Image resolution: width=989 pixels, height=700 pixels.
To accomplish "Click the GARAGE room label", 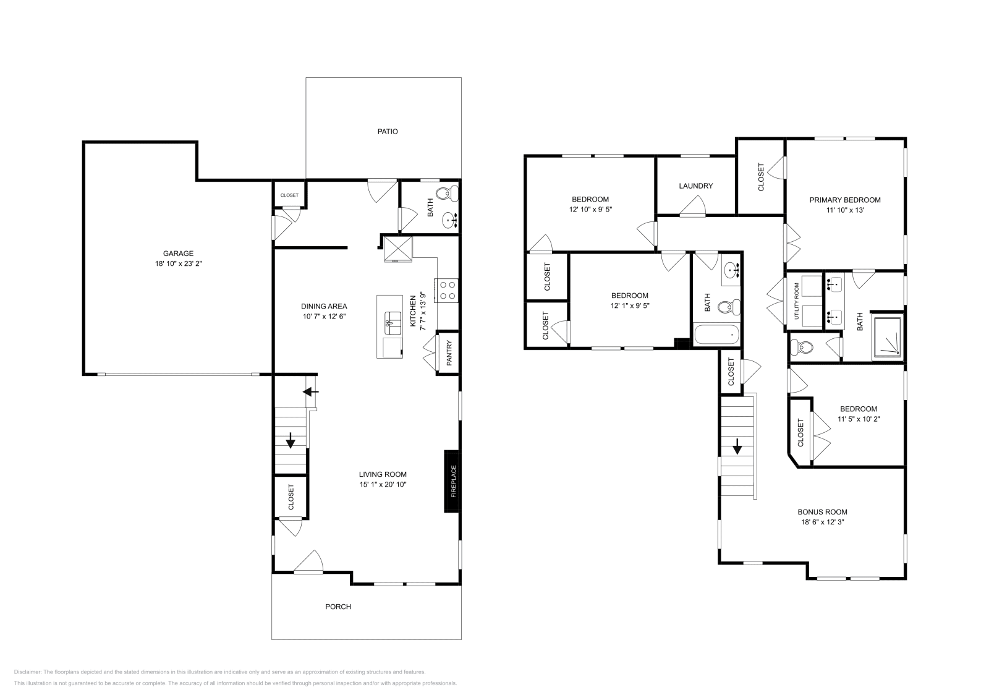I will click(x=178, y=254).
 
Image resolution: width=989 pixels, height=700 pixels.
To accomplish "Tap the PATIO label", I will click(x=388, y=132).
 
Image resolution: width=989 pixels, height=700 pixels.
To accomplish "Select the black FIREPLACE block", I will click(x=452, y=480).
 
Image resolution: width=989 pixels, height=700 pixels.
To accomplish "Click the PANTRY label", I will click(x=449, y=353).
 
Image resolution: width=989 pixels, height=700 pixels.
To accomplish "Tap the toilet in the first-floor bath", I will click(x=446, y=194).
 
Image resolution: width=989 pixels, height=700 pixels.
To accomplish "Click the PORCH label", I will click(x=338, y=607).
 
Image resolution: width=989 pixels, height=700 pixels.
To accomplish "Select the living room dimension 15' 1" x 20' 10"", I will click(x=383, y=484).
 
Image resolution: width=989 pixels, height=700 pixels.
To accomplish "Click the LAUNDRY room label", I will click(x=695, y=186).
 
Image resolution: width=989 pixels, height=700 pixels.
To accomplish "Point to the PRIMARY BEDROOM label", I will click(x=845, y=200).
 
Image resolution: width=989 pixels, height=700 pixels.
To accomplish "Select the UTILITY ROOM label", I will click(x=796, y=301).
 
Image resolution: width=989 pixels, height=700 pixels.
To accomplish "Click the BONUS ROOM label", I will click(x=822, y=512).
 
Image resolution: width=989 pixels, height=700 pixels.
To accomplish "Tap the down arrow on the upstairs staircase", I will click(x=737, y=446).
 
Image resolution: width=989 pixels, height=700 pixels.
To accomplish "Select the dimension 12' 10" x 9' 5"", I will click(x=590, y=209).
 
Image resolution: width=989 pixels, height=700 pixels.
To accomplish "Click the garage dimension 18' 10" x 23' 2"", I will click(x=178, y=263).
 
